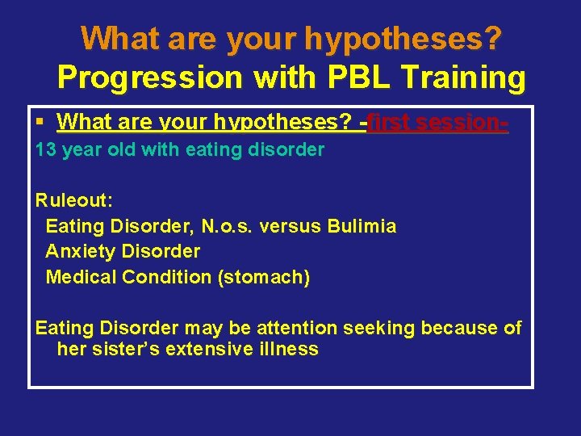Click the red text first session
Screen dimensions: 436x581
pos(437,122)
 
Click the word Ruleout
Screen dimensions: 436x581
pos(69,199)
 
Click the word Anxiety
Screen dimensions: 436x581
pos(79,251)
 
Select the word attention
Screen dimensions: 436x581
pos(297,328)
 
